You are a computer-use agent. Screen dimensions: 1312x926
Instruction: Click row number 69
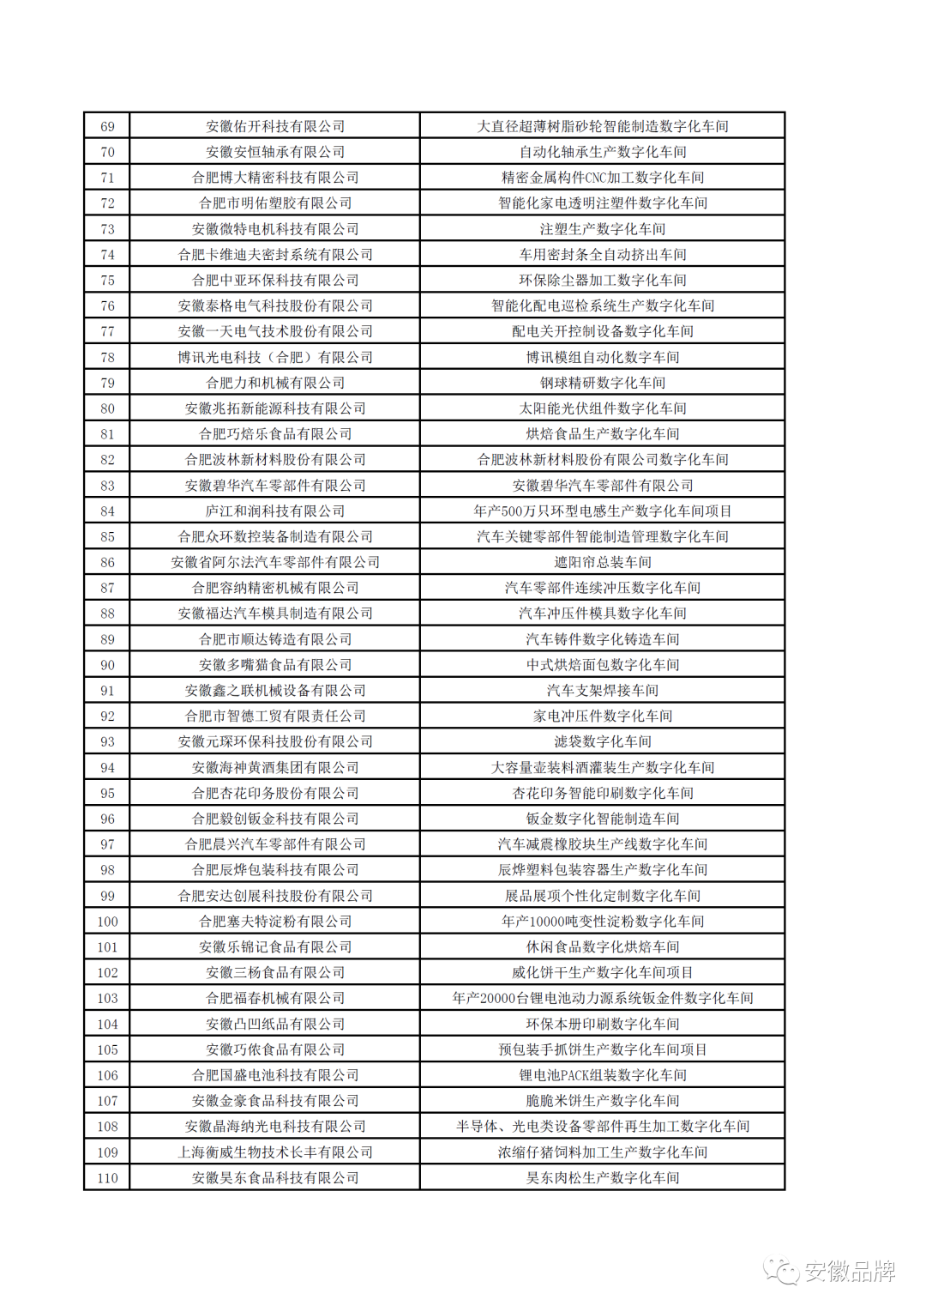(x=107, y=127)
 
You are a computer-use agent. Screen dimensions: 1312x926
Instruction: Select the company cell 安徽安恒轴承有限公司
(x=275, y=153)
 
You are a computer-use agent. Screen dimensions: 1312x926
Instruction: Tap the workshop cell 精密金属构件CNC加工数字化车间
(x=602, y=178)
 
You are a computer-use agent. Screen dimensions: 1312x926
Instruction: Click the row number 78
(x=107, y=358)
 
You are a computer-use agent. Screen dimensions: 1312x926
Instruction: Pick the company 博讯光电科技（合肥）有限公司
(x=275, y=358)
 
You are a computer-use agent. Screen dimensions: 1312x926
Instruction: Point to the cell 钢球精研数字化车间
(x=602, y=384)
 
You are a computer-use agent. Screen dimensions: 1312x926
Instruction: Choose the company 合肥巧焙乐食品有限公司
(x=275, y=434)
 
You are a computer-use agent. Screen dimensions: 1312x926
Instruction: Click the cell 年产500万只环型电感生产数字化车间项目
(x=602, y=511)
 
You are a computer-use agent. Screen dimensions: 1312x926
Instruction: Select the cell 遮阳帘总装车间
(x=602, y=563)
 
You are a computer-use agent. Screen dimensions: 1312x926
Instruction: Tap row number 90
(x=107, y=665)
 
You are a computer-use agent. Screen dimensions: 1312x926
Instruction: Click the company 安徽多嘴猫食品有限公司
(x=275, y=665)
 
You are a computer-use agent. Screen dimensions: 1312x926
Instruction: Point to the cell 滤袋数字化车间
(x=602, y=742)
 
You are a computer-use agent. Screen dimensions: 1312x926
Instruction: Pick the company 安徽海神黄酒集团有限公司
(x=275, y=768)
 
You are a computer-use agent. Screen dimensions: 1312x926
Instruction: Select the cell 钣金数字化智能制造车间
(x=602, y=819)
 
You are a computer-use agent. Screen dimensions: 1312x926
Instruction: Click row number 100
(x=107, y=922)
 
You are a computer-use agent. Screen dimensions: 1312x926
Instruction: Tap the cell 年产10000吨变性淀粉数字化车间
(x=602, y=922)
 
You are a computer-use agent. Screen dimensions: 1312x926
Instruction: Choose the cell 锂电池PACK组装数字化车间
(x=602, y=1075)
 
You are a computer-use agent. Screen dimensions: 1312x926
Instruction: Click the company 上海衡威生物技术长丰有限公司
(x=275, y=1152)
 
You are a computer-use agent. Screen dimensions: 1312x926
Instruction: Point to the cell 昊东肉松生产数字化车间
(x=602, y=1178)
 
